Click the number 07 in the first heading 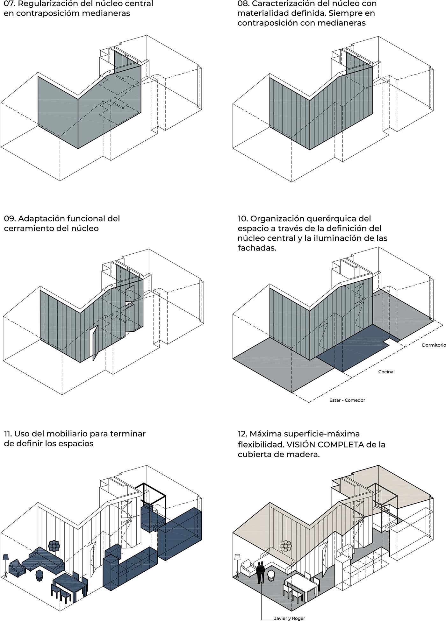[x=9, y=4]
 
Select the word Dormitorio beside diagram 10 [x=434, y=345]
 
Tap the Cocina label [x=385, y=372]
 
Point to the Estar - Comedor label [x=347, y=400]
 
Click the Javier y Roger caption [x=289, y=618]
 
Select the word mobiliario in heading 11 [x=63, y=434]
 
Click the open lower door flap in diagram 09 [x=94, y=344]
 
